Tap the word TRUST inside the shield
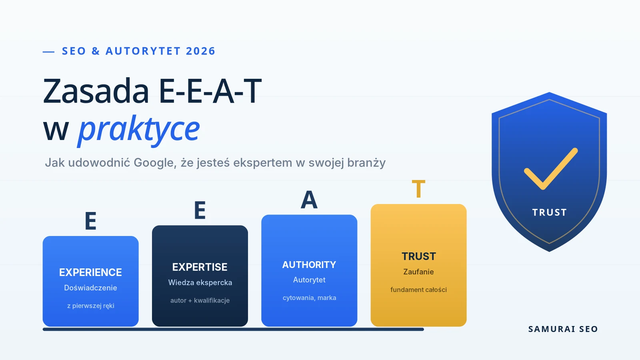click(x=550, y=212)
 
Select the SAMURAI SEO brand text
click(x=563, y=329)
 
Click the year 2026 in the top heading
click(x=200, y=51)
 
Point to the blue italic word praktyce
click(x=139, y=130)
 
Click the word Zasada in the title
click(x=96, y=91)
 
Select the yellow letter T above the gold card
click(x=418, y=188)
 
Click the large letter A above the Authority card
click(x=309, y=200)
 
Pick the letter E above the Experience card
click(x=90, y=221)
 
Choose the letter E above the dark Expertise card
click(x=200, y=210)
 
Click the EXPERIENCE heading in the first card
click(x=90, y=272)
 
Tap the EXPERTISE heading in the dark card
click(x=200, y=267)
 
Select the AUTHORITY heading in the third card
click(x=309, y=265)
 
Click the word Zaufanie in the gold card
click(x=418, y=272)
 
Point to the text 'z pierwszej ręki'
click(x=90, y=306)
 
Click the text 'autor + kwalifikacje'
click(x=200, y=300)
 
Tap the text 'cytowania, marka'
click(x=310, y=298)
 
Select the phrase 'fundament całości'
click(x=418, y=290)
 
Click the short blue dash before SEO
click(x=48, y=52)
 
